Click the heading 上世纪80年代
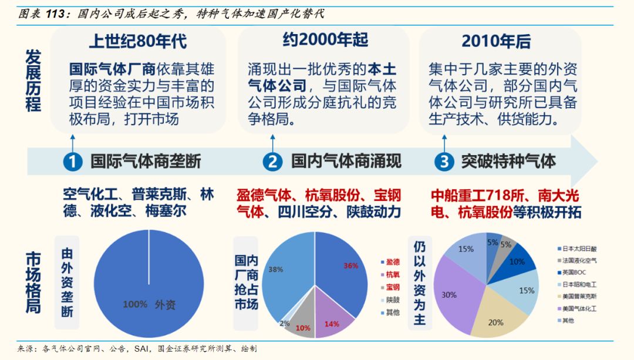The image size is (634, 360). (x=138, y=41)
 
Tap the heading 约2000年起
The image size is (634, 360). (x=325, y=39)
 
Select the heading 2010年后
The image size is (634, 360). (x=496, y=41)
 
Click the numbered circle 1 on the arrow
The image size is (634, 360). (x=73, y=161)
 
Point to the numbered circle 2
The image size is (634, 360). (x=272, y=161)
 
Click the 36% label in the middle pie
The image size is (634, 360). (x=350, y=265)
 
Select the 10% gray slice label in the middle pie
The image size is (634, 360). (x=303, y=328)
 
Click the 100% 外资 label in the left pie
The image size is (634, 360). (x=149, y=304)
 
